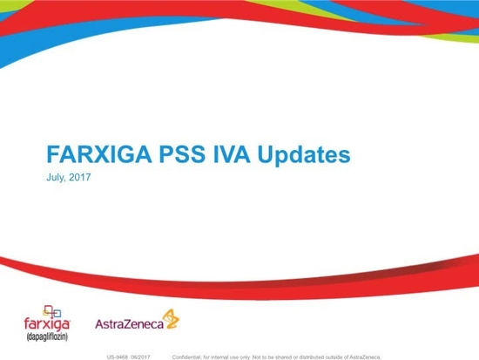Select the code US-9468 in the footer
tap(118, 356)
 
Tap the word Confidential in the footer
tap(190, 356)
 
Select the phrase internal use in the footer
tap(229, 356)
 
